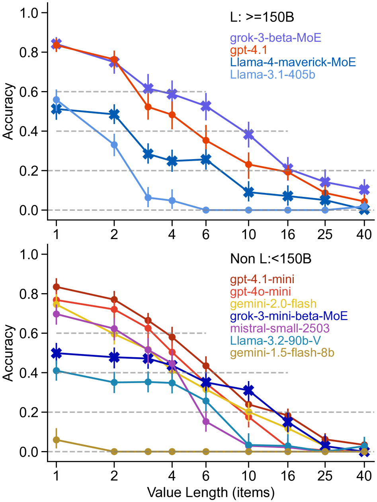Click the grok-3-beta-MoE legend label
[x=275, y=38]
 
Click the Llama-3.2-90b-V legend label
[x=272, y=341]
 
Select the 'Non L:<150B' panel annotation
[x=270, y=259]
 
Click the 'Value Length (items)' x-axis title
[x=211, y=493]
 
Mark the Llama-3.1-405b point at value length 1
[x=56, y=99]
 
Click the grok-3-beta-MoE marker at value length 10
[x=248, y=135]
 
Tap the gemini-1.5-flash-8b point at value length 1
[x=56, y=440]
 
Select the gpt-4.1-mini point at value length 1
[x=56, y=287]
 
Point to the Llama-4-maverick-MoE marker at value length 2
[x=114, y=115]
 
